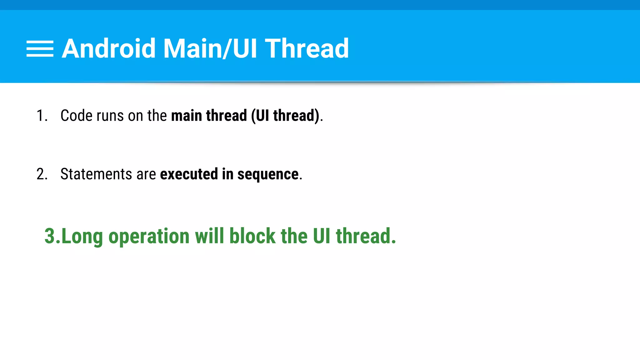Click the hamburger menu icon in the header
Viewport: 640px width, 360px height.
[x=40, y=48]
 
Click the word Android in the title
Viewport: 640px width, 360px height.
[x=108, y=48]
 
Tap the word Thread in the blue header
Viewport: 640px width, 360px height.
[x=307, y=48]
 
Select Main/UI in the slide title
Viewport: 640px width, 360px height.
[x=210, y=49]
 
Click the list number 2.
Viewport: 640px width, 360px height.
[x=41, y=174]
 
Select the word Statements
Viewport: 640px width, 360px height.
[x=96, y=174]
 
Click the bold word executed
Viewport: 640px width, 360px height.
[x=189, y=174]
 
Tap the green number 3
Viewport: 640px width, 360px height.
[x=50, y=236]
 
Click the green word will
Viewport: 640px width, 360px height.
[x=209, y=236]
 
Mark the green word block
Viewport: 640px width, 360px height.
[x=252, y=236]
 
